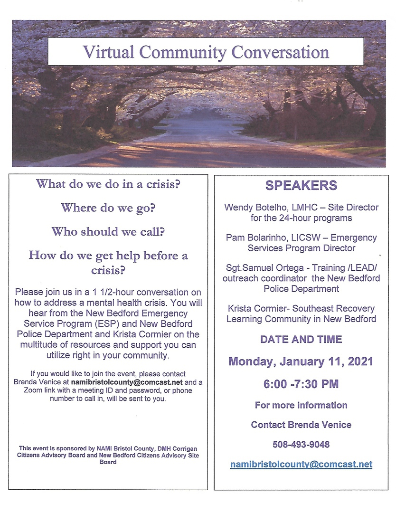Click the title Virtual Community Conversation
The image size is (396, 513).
206,51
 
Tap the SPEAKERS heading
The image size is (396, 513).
301,185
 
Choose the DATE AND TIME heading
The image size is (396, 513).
301,339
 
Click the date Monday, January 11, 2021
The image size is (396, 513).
301,361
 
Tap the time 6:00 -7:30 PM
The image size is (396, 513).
301,384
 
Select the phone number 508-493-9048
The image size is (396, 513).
301,445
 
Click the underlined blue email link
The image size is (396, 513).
301,464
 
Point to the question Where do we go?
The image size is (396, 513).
108,208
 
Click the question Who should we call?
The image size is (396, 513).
108,231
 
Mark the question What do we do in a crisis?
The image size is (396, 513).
108,184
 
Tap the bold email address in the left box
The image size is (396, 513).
127,382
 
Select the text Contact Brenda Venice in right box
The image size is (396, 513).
301,425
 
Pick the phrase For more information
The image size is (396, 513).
301,405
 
